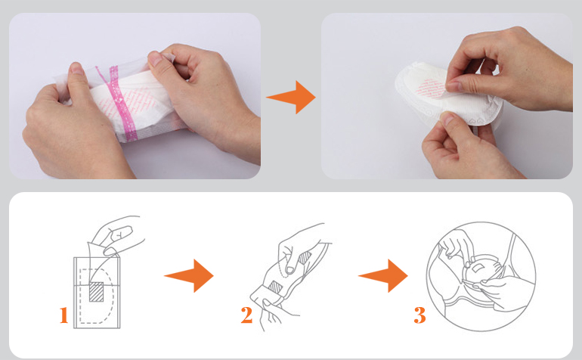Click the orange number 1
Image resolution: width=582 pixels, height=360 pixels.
(x=63, y=315)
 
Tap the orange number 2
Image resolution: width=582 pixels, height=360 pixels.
(x=246, y=315)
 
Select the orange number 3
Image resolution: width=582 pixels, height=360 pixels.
(x=419, y=315)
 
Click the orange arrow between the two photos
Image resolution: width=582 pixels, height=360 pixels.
(x=291, y=98)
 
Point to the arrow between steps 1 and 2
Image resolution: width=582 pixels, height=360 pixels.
(x=189, y=275)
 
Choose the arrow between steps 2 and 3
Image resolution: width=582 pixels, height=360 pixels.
(x=383, y=275)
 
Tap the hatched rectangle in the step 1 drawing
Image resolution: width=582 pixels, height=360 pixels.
(x=97, y=292)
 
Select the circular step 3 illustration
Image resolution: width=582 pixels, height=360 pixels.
(x=481, y=277)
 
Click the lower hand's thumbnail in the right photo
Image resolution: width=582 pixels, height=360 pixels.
(x=448, y=119)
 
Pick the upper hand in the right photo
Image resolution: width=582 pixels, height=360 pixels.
(x=509, y=70)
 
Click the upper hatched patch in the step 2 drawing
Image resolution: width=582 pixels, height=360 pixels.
(x=305, y=258)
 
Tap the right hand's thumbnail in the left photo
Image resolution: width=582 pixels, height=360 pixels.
(x=156, y=59)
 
